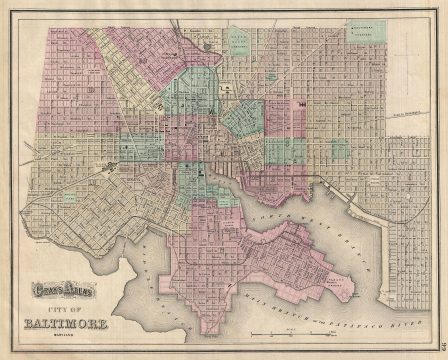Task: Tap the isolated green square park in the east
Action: [339, 149]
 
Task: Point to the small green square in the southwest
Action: [69, 198]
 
